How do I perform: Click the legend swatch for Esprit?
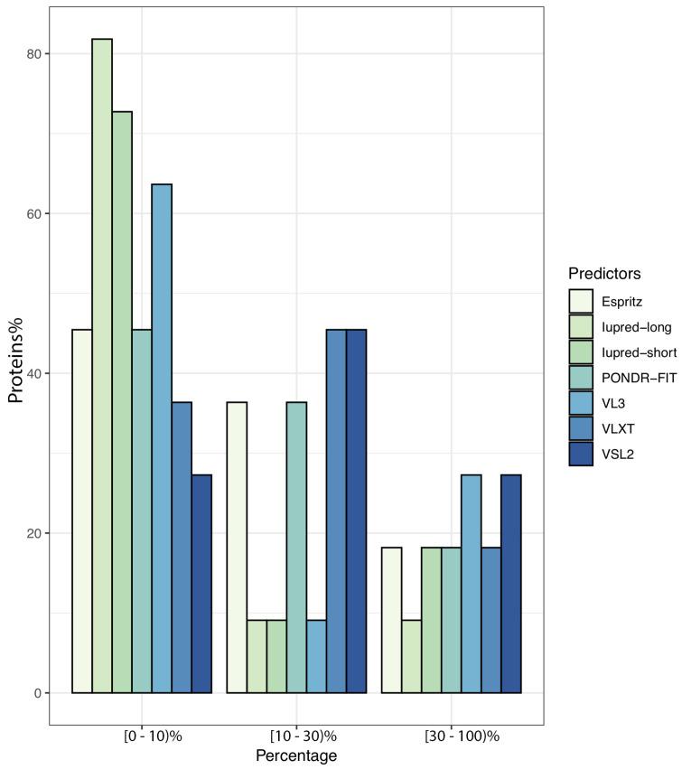coord(582,301)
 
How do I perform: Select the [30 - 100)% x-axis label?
coord(462,736)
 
